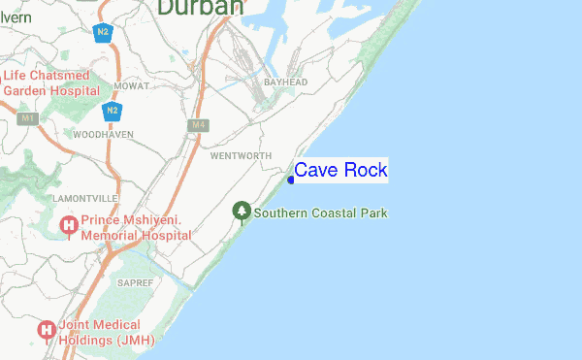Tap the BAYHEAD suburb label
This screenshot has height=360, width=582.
[x=286, y=82]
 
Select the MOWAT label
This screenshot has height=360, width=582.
[x=131, y=86]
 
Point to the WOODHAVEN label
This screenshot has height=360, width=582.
[x=102, y=134]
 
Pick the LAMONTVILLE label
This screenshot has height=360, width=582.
[x=84, y=198]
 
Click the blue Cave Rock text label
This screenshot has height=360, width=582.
[x=340, y=170]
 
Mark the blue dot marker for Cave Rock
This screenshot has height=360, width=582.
[x=290, y=180]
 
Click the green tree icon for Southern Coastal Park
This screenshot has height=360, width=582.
[x=242, y=210]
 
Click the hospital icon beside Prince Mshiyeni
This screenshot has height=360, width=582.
[x=69, y=227]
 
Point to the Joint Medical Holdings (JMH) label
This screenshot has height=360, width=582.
[x=99, y=333]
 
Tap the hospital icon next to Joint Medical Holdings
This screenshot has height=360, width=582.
[x=46, y=331]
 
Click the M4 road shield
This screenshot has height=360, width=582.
[x=199, y=125]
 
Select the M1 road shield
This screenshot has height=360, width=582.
[x=27, y=118]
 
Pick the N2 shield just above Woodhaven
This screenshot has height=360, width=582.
[x=113, y=110]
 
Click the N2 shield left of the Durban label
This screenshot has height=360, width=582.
[x=102, y=32]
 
